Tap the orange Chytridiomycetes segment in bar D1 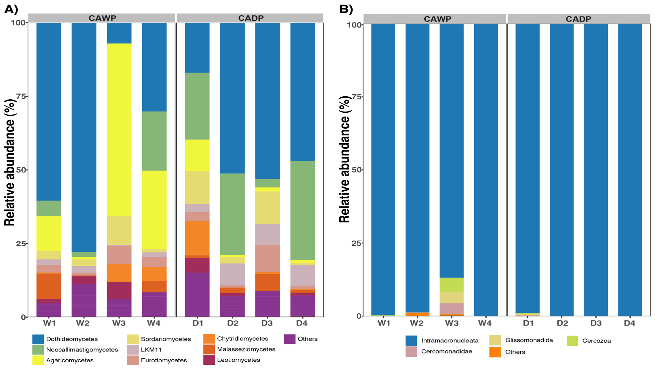coord(197,238)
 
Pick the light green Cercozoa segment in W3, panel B coord(452,285)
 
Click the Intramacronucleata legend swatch coord(411,340)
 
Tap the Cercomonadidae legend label coord(446,351)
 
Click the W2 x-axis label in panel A coord(83,323)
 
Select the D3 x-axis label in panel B coord(596,323)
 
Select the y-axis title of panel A coord(10,163)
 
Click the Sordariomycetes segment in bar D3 coord(267,208)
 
